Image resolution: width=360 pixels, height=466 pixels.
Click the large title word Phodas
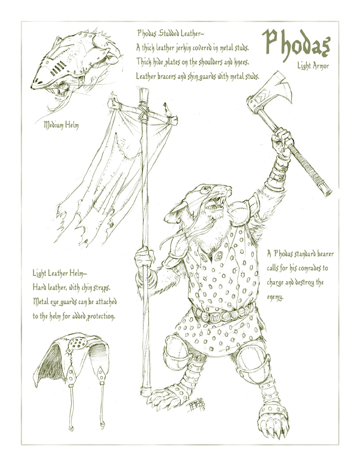pyautogui.click(x=296, y=45)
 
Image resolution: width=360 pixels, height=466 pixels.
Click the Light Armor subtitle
pyautogui.click(x=313, y=66)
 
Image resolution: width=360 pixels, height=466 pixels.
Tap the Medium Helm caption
pyautogui.click(x=61, y=125)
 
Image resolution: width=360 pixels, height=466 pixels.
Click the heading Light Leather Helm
pyautogui.click(x=59, y=273)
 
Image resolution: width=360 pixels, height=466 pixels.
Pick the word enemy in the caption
pyautogui.click(x=274, y=297)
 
